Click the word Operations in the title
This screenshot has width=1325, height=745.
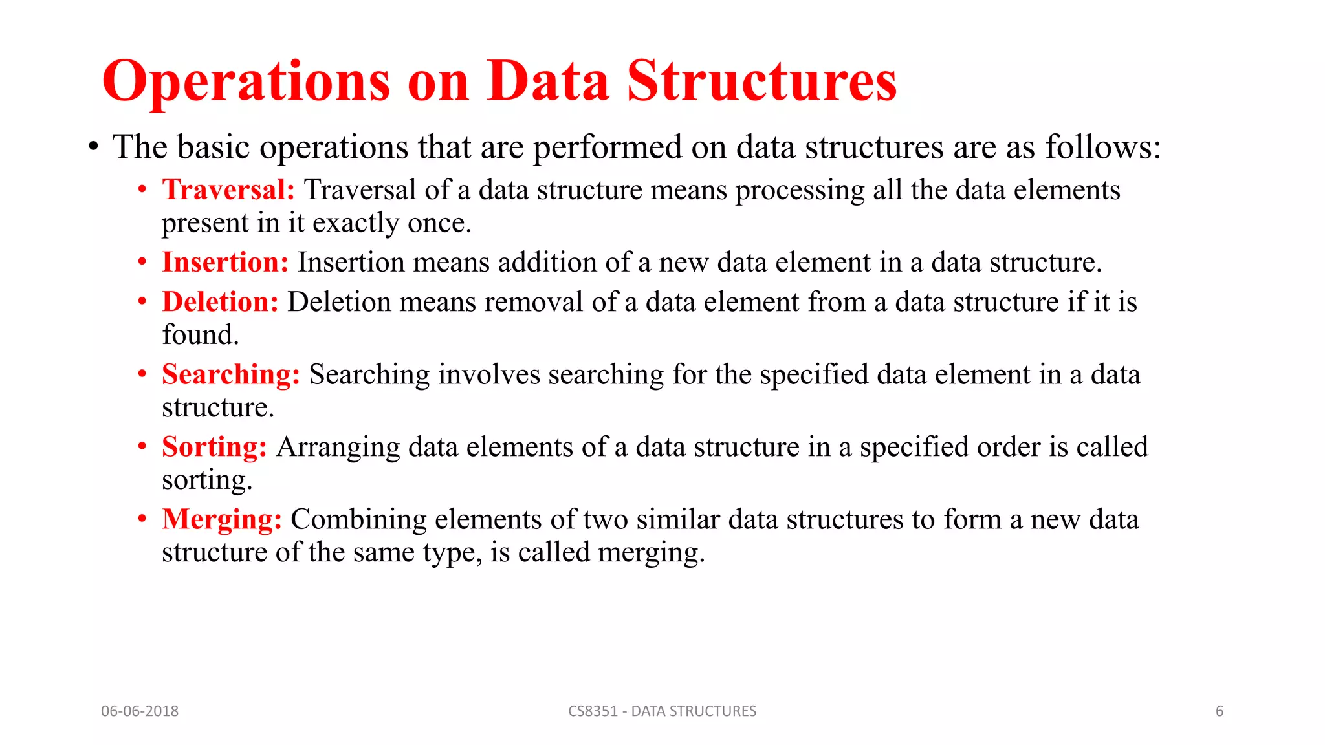pos(246,82)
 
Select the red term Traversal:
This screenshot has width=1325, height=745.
pos(228,190)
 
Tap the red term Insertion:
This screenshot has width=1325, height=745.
pos(225,263)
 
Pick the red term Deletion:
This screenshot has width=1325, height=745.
pos(220,302)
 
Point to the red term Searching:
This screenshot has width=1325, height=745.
pos(231,374)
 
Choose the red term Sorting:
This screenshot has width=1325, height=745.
pos(214,447)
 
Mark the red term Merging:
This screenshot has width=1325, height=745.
pos(222,519)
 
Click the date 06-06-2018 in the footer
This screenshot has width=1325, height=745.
pos(140,711)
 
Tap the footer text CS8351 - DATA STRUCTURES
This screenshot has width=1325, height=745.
pos(662,711)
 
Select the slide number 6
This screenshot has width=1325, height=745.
pos(1220,711)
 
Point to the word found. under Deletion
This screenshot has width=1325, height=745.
pos(201,335)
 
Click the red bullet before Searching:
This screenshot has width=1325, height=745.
pos(142,374)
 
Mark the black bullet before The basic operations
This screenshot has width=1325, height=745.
pos(94,147)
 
